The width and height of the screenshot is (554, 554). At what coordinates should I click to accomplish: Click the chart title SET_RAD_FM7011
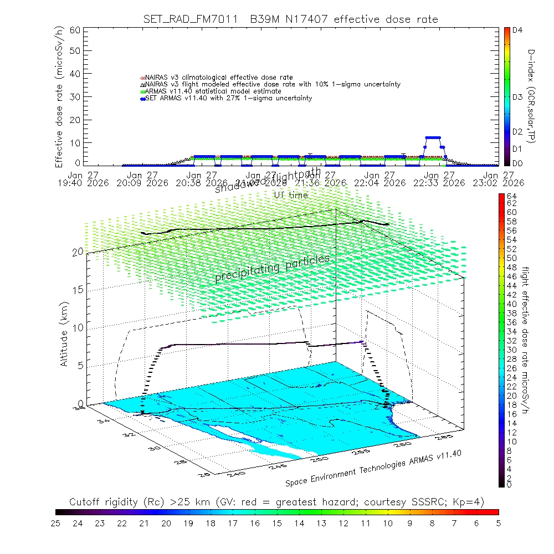(188, 19)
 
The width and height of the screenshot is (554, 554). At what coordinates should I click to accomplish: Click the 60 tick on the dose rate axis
(75, 30)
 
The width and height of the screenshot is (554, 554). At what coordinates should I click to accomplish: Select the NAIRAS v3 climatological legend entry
(216, 77)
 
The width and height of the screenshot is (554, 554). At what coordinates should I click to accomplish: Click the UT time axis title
(291, 195)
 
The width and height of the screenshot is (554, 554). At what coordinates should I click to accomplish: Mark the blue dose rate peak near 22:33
(433, 137)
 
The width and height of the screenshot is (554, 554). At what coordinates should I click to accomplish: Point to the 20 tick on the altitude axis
(78, 252)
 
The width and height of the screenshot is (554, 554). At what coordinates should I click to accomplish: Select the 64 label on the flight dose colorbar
(511, 196)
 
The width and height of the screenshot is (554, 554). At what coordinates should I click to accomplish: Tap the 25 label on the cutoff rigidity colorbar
(56, 522)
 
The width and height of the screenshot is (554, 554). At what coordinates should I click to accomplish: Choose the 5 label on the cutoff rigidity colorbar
(497, 522)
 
